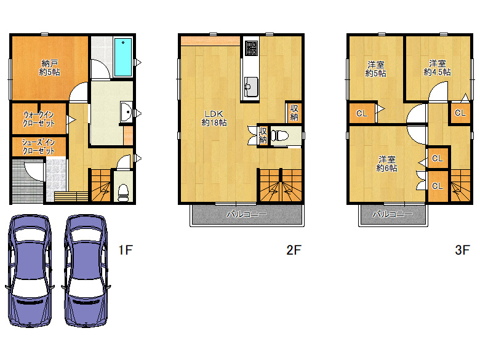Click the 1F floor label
(x=126, y=250)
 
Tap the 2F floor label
(x=294, y=250)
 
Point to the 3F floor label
(x=462, y=250)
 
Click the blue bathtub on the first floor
(x=122, y=57)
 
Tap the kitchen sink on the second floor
(x=251, y=87)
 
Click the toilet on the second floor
(x=280, y=135)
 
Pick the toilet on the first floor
(x=123, y=193)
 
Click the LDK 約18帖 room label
(x=214, y=118)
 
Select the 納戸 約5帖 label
(x=50, y=68)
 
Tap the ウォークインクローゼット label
(x=39, y=119)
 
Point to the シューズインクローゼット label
(x=38, y=146)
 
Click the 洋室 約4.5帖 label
(x=437, y=68)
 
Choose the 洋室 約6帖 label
(x=387, y=164)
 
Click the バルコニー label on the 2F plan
(x=247, y=214)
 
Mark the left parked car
(x=30, y=271)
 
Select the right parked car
(x=86, y=271)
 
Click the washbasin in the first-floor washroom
(x=126, y=112)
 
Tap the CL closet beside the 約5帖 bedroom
(x=362, y=114)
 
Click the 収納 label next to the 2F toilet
(x=263, y=135)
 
